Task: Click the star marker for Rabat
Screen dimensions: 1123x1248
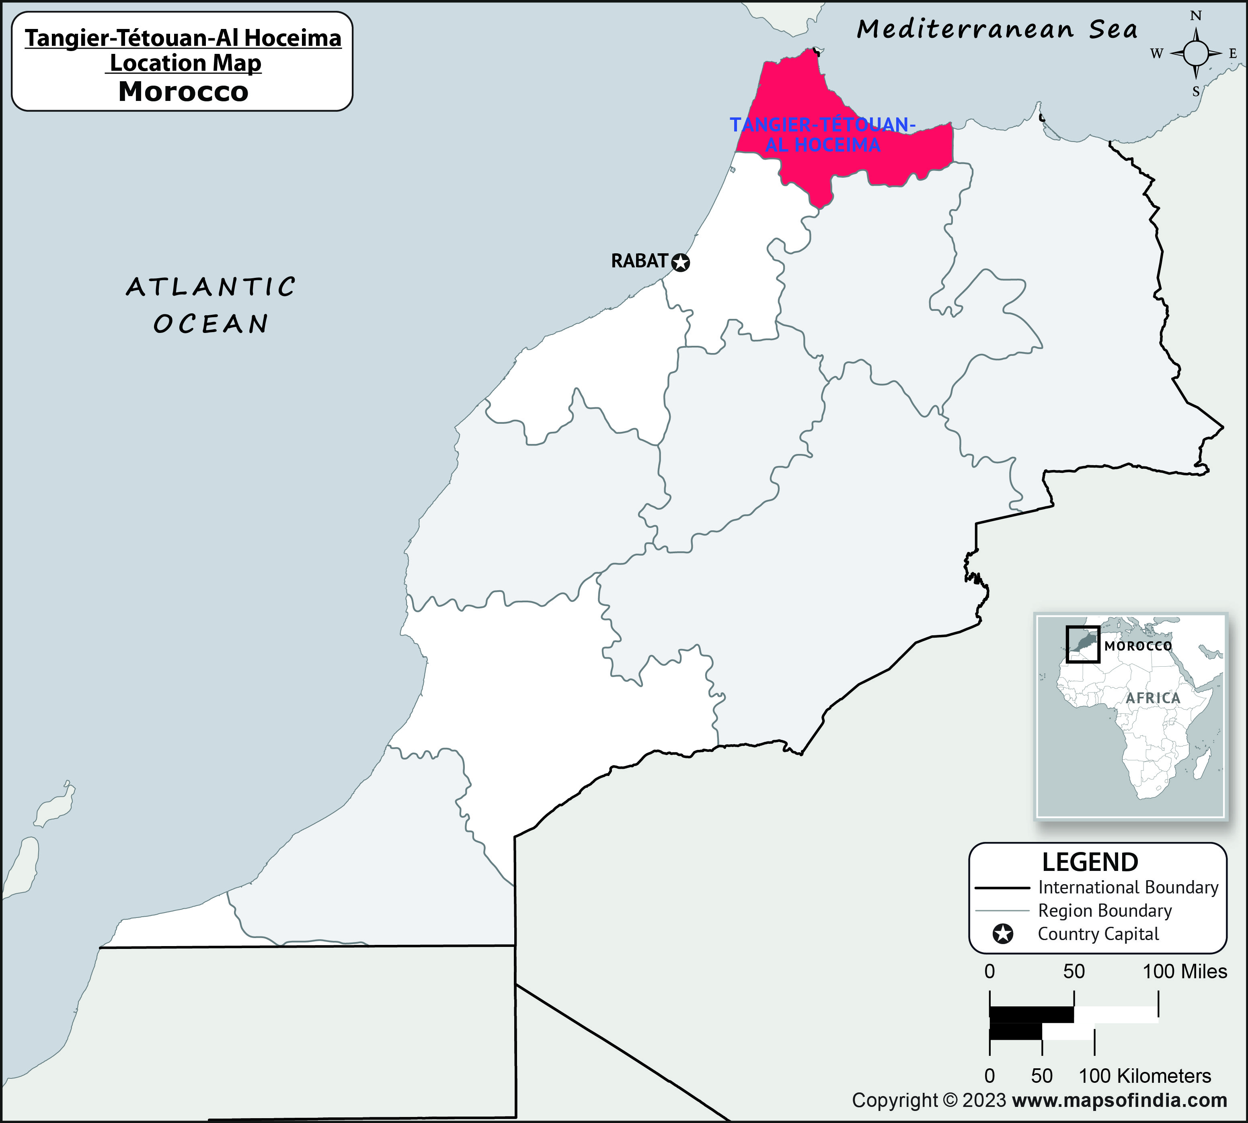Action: point(680,263)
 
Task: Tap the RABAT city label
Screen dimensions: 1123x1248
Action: point(639,261)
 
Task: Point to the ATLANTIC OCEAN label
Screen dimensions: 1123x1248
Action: point(211,305)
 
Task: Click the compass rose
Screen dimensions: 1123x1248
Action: point(1196,54)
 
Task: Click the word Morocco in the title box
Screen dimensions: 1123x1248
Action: point(183,91)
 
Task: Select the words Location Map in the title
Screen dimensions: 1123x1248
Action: point(185,63)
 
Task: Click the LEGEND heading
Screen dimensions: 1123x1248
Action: point(1090,862)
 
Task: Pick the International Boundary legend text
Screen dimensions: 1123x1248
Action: point(1128,887)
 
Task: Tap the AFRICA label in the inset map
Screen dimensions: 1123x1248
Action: point(1152,698)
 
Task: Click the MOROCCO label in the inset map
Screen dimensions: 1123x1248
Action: point(1138,646)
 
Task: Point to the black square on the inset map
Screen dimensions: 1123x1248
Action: point(1083,644)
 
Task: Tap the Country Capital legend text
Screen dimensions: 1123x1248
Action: point(1098,934)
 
